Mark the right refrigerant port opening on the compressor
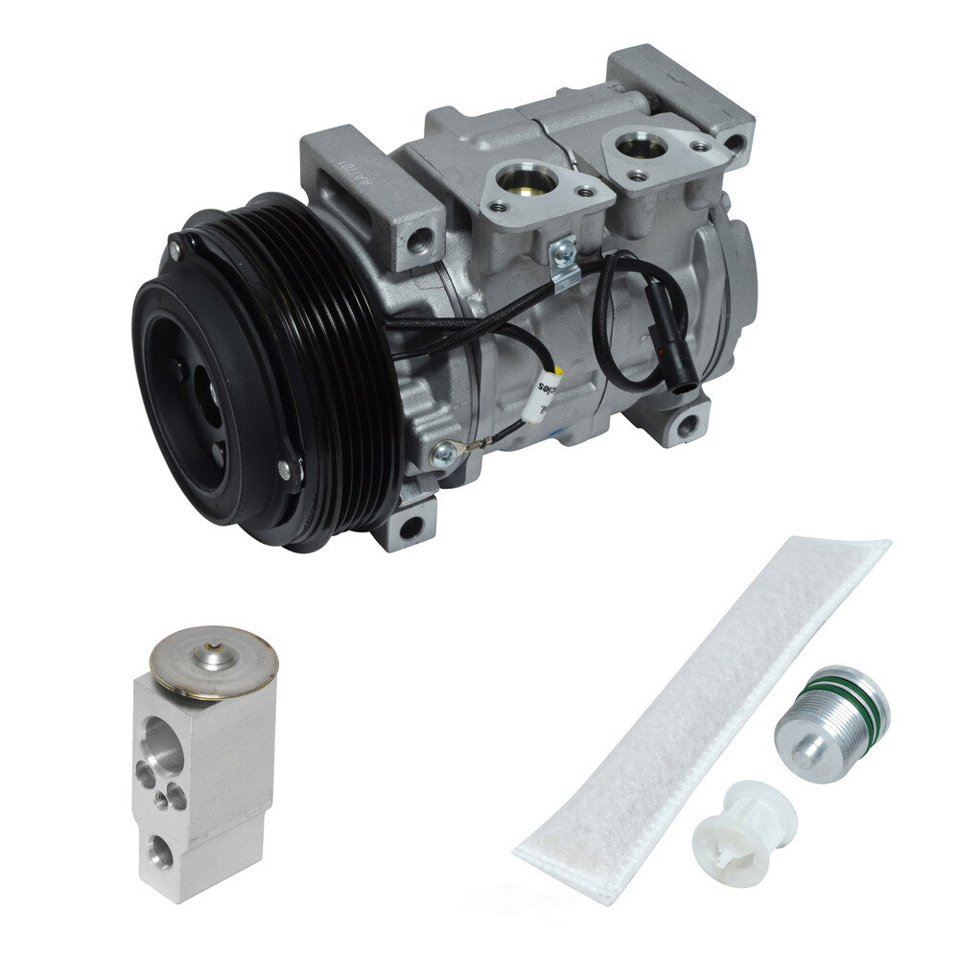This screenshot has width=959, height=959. pos(640,146)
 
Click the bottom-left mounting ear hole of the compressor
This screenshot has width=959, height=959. pos(410,526)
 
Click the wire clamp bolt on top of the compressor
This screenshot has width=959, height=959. pos(565,251)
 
